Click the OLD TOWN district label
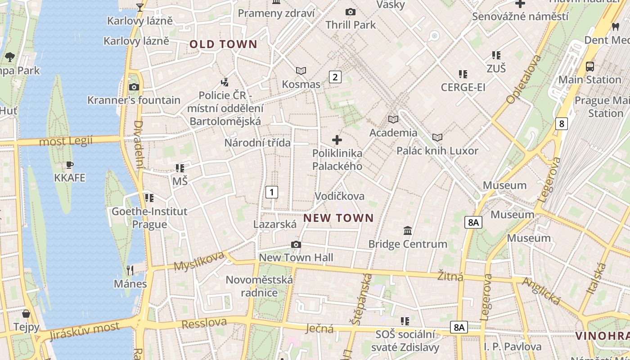223,44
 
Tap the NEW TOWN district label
338,218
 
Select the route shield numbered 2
335,77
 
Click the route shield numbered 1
271,192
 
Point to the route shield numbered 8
561,123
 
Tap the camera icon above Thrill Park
350,12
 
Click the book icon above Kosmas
301,71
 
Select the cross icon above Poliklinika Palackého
337,140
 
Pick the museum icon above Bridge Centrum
408,230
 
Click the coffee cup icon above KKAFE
69,165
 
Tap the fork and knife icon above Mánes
130,270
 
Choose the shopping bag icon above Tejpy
26,313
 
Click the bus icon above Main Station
589,66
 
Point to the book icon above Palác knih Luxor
437,137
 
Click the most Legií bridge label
66,141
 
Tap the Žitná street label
450,275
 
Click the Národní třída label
257,143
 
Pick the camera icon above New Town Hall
296,244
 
